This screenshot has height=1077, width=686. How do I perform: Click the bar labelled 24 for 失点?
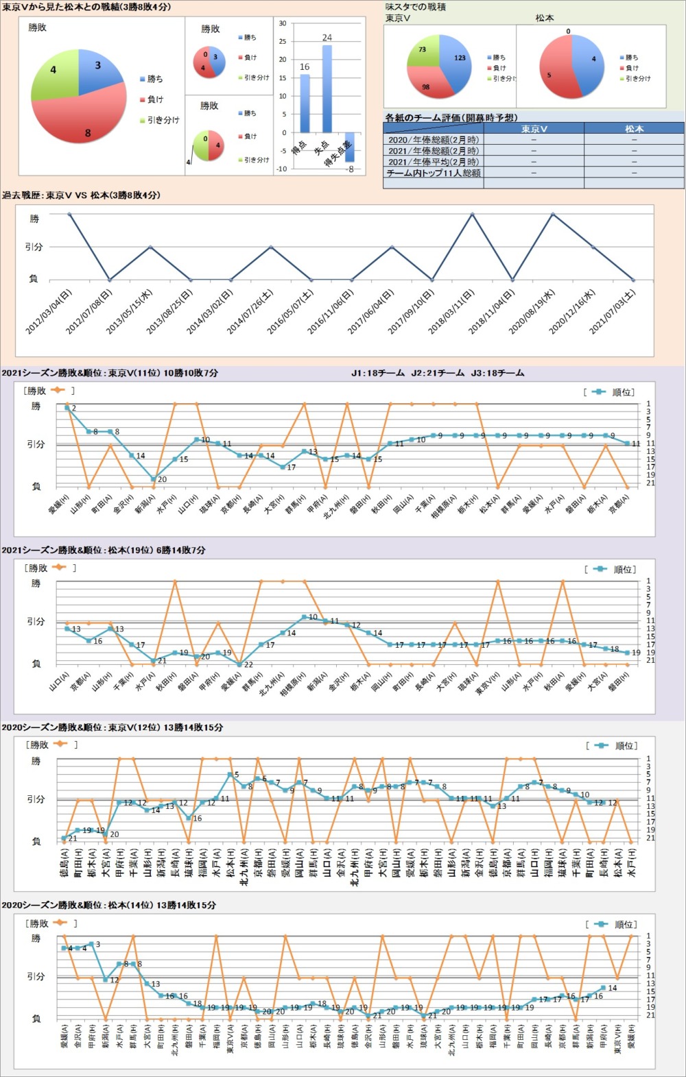[327, 88]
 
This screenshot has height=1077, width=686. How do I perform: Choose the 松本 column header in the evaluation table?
[634, 128]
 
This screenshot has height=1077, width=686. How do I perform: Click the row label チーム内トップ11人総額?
[434, 173]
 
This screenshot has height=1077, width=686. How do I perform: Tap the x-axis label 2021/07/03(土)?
[612, 313]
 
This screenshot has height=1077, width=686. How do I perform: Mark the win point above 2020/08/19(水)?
[553, 214]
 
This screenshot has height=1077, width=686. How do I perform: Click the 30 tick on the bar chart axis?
[283, 23]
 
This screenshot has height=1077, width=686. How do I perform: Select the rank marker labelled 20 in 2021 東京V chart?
[153, 479]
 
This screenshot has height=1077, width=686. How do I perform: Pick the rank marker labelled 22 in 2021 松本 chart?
[239, 664]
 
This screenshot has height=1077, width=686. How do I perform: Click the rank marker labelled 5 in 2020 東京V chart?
[230, 775]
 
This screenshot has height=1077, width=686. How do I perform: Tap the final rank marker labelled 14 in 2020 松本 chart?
[604, 988]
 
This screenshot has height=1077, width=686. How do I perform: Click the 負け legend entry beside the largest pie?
[155, 99]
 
